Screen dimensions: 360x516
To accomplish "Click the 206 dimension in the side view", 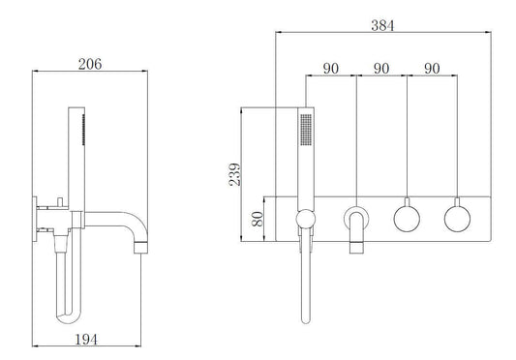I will pyautogui.click(x=89, y=64).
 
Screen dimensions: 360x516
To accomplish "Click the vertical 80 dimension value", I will pyautogui.click(x=258, y=219).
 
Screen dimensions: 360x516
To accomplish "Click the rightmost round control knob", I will pyautogui.click(x=457, y=217).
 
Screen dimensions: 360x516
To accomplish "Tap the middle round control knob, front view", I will pyautogui.click(x=407, y=217).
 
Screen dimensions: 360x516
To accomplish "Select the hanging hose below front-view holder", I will pyautogui.click(x=306, y=281).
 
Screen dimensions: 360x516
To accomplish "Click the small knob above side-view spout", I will pyautogui.click(x=60, y=200).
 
